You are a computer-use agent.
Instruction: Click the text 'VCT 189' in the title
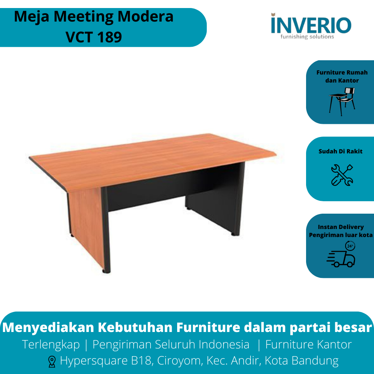tap(94, 37)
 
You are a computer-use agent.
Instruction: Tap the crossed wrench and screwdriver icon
tap(342, 175)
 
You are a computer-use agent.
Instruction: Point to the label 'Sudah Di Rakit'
tap(340, 151)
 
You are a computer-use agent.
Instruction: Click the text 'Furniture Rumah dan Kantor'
tap(342, 76)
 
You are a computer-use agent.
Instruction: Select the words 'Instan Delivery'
tap(341, 227)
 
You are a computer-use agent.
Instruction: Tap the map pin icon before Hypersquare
tap(52, 362)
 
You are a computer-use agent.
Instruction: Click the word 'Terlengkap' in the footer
tap(51, 344)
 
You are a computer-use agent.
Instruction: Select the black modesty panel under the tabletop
tap(146, 194)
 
